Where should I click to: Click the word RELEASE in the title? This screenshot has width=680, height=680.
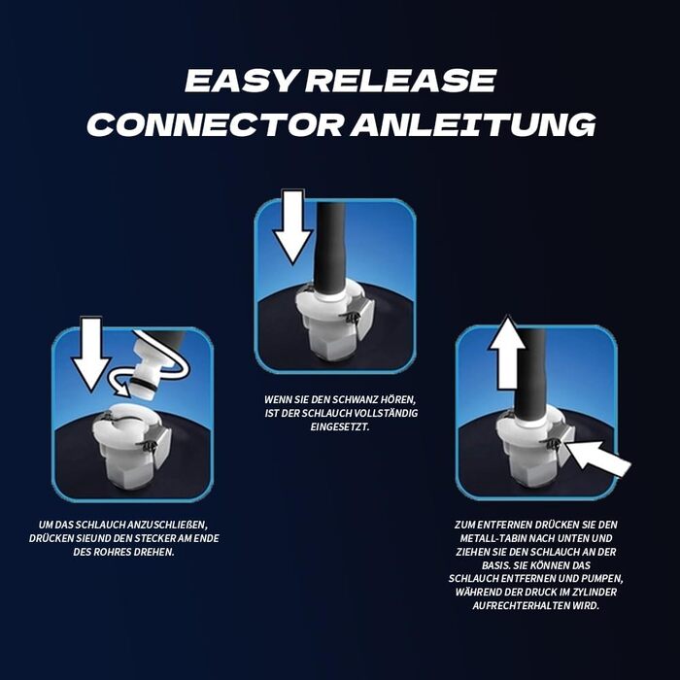tap(400, 81)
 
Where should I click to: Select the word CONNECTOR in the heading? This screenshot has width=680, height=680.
tap(216, 124)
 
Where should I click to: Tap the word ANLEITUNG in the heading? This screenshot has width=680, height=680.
tap(473, 124)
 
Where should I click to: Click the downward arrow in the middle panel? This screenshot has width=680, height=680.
tap(293, 226)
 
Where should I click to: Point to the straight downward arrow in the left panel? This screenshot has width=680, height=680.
tap(91, 355)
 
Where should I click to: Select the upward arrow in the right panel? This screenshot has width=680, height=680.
tap(507, 353)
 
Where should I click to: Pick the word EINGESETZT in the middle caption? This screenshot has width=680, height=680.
tap(340, 426)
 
